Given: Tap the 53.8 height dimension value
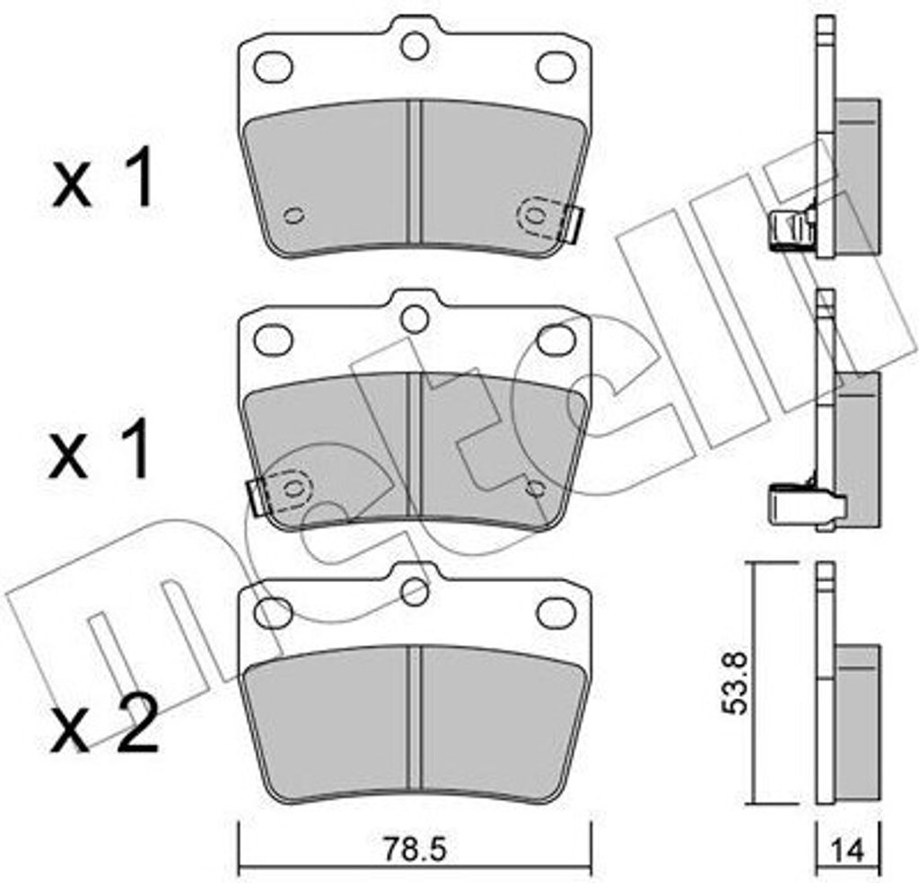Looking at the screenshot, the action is click(734, 682).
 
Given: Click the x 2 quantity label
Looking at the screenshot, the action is click(104, 722).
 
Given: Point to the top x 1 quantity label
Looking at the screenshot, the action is click(104, 177).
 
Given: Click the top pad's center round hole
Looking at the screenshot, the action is click(415, 47).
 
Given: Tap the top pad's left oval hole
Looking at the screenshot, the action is click(275, 67).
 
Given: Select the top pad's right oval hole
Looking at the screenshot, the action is click(557, 66).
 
